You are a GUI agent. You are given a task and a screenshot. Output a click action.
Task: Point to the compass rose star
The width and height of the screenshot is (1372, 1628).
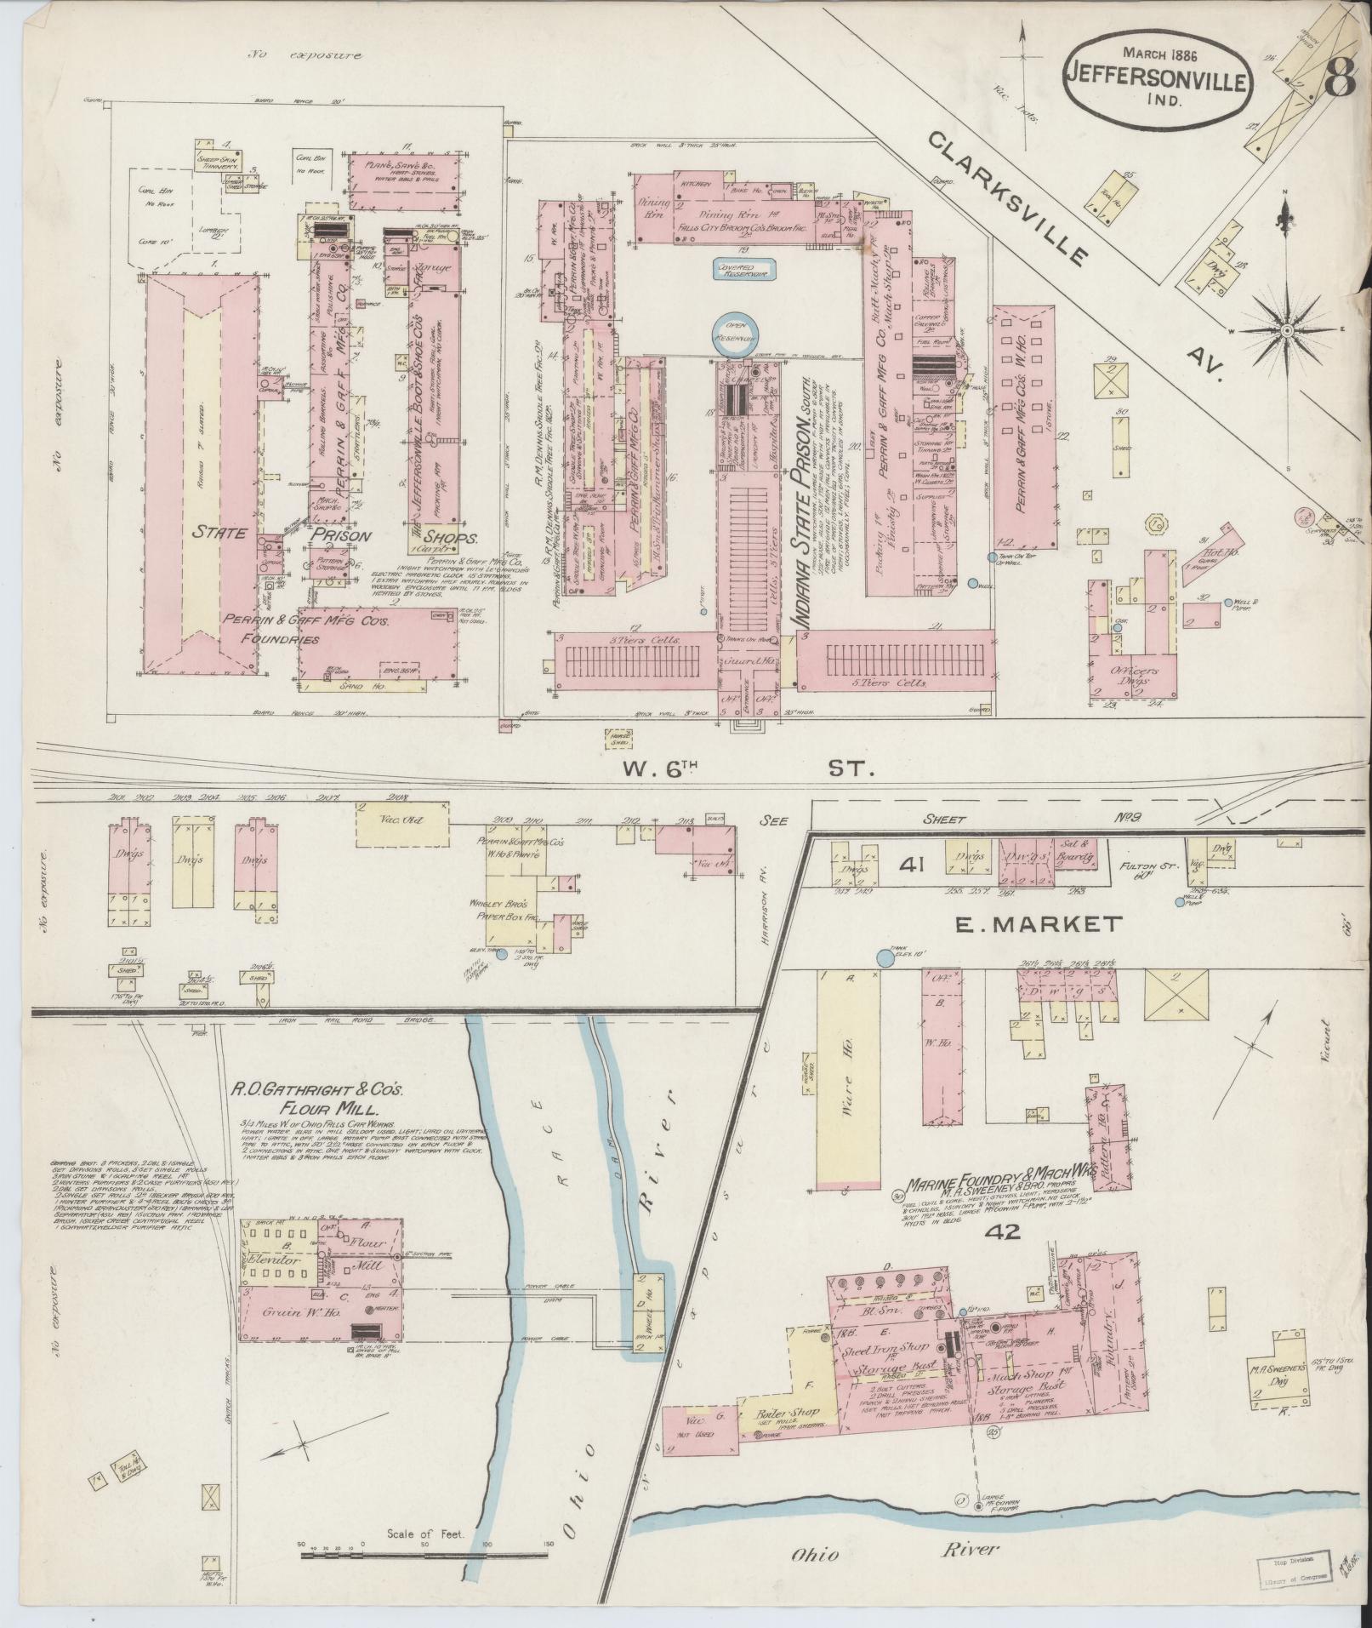click(1287, 329)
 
